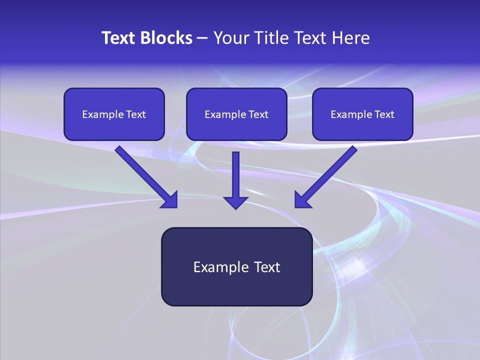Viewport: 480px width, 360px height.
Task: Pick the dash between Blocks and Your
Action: pyautogui.click(x=202, y=38)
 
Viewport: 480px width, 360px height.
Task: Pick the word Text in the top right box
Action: pyautogui.click(x=384, y=114)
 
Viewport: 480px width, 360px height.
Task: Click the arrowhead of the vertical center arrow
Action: pyautogui.click(x=235, y=202)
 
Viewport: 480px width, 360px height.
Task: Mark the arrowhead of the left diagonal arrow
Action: pyautogui.click(x=170, y=200)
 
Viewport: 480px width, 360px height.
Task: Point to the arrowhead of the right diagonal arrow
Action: pyautogui.click(x=301, y=200)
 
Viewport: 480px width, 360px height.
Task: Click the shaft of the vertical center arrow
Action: pyautogui.click(x=235, y=172)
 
